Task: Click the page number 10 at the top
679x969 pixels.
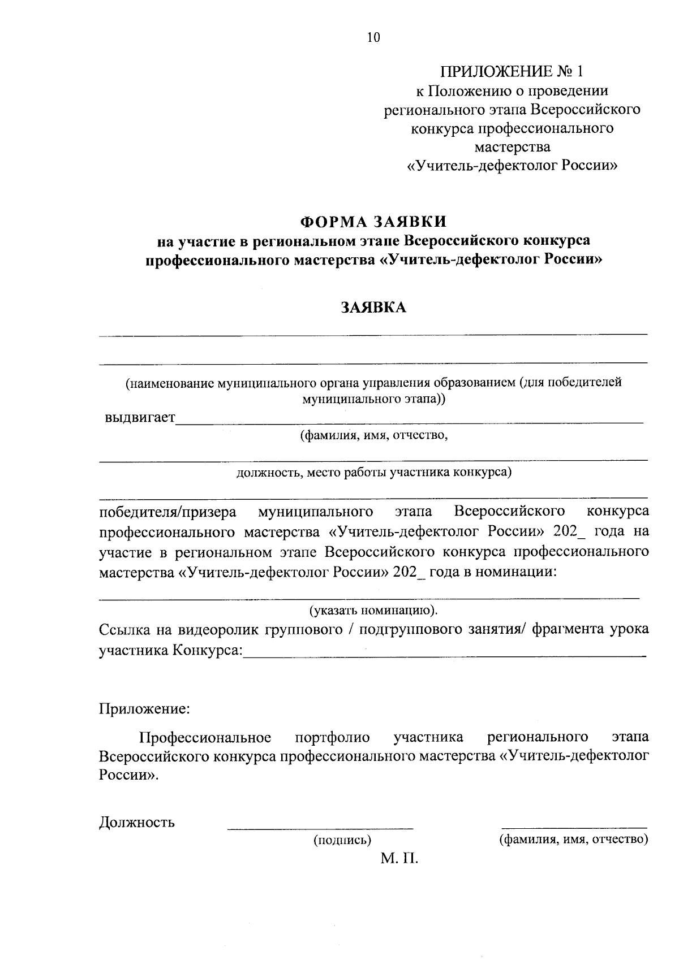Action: click(x=373, y=38)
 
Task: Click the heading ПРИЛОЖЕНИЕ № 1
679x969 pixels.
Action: click(x=512, y=71)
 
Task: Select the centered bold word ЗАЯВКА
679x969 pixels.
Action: click(x=373, y=308)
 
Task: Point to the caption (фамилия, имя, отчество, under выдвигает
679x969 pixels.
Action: click(x=373, y=435)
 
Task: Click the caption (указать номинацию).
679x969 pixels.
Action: click(x=373, y=611)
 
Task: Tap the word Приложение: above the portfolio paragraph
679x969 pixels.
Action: click(x=144, y=708)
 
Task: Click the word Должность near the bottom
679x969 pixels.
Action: click(x=137, y=822)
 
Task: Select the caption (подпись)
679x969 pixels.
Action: click(x=342, y=841)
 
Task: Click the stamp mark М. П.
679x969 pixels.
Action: click(x=399, y=860)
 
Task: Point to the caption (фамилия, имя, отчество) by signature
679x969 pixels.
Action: click(x=573, y=840)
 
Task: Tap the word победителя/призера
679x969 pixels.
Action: click(x=168, y=512)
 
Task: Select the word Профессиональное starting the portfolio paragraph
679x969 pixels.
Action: click(x=205, y=738)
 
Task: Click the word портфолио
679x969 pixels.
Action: click(x=333, y=738)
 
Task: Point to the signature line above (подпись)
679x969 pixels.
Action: click(x=320, y=829)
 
